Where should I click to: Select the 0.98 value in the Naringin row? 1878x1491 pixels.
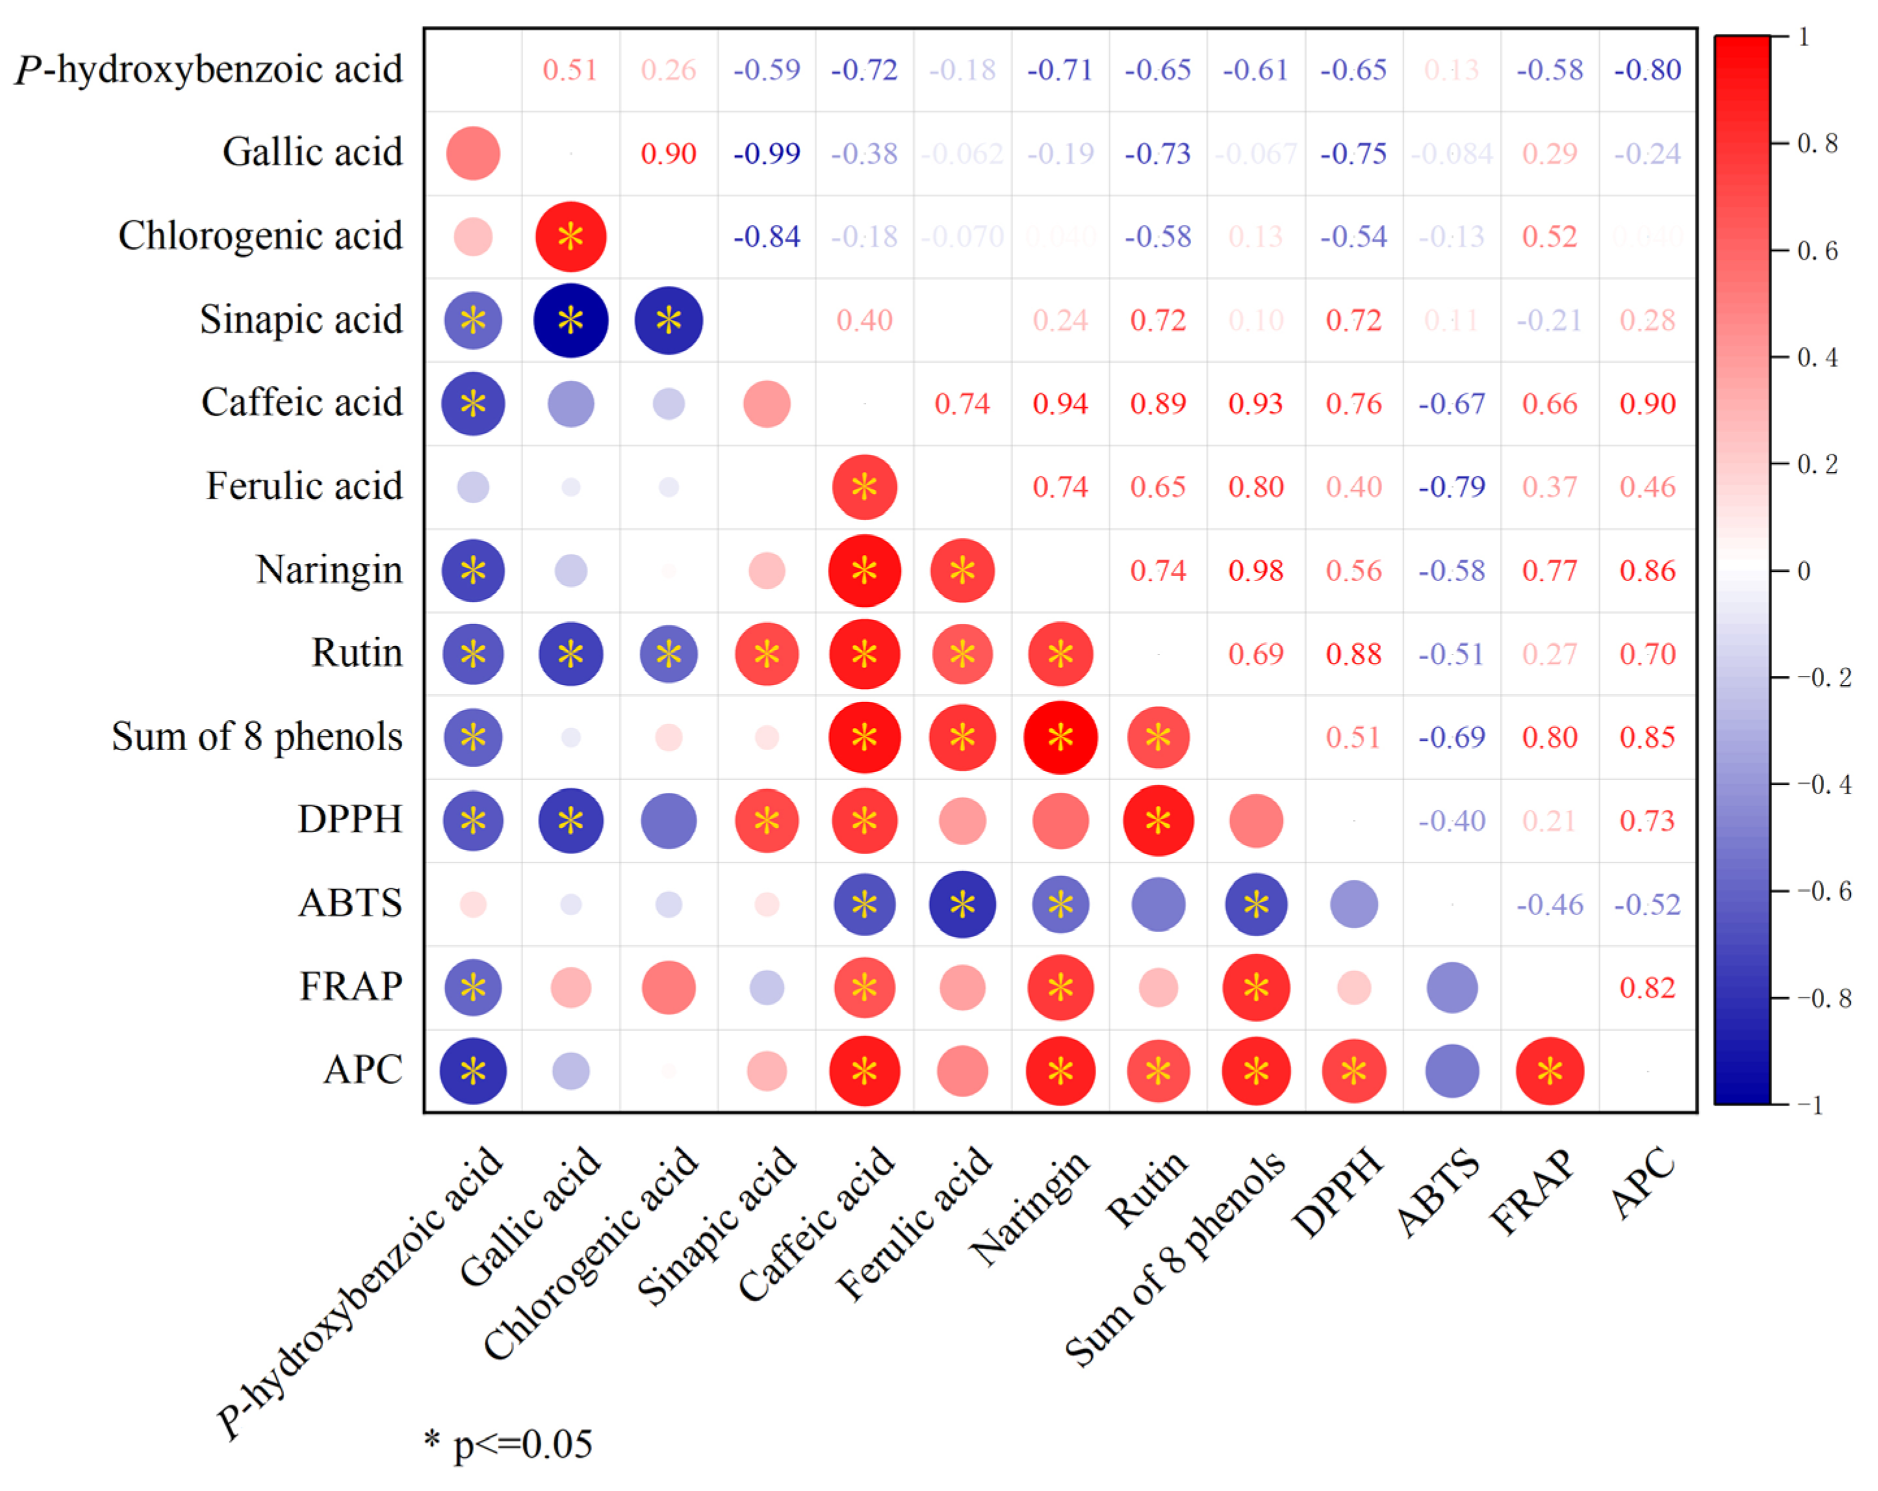click(x=1255, y=571)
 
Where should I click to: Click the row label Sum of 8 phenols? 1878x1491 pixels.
click(x=257, y=737)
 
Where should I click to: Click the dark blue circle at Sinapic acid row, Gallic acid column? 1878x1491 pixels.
click(x=571, y=320)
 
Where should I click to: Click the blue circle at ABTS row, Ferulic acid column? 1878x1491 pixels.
click(x=962, y=905)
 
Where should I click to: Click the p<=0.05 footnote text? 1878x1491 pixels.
click(x=522, y=1445)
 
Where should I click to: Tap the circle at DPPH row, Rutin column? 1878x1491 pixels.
click(x=1157, y=821)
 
